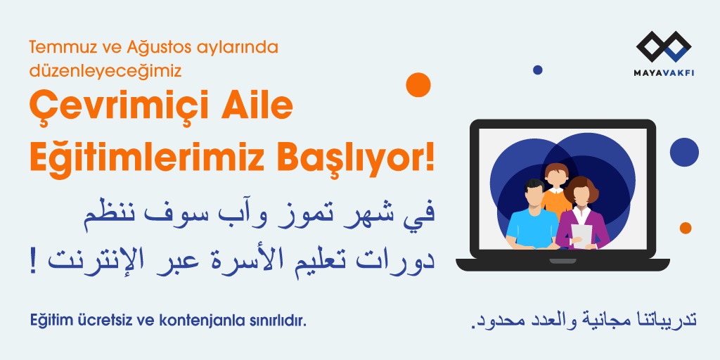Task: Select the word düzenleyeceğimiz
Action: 105,71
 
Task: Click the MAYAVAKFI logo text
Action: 664,73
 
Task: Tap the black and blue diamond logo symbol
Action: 664,46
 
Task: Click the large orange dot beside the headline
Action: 418,85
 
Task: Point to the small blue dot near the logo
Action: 538,70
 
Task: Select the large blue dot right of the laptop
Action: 684,152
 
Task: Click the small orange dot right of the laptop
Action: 686,229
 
